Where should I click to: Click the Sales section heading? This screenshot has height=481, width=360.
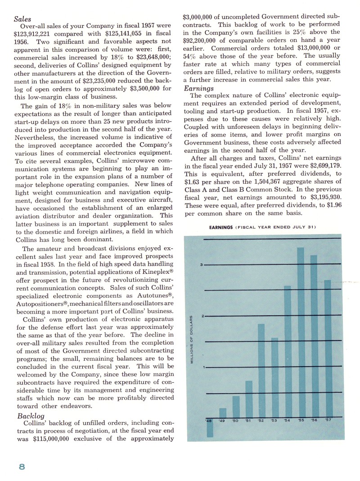[22, 19]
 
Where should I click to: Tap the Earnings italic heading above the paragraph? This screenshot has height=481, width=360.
[198, 89]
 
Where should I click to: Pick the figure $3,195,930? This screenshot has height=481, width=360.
[321, 197]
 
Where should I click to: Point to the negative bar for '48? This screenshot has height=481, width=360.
[209, 428]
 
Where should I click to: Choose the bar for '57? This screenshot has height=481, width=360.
[328, 349]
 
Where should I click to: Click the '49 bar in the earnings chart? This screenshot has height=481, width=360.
[222, 413]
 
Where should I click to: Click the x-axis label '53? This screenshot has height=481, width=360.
[274, 421]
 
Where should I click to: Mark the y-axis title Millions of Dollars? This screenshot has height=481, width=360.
[192, 339]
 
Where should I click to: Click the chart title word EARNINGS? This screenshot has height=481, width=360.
[220, 227]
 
